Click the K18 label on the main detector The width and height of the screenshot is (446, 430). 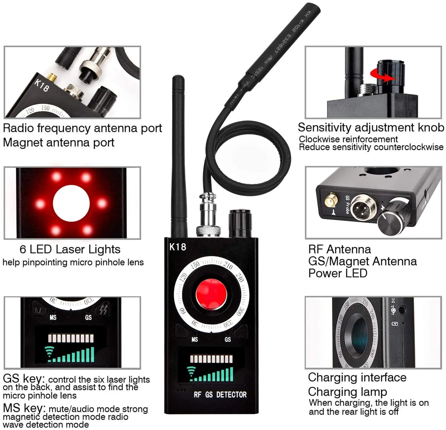click(177, 247)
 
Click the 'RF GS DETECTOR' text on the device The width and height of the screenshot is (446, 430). click(220, 395)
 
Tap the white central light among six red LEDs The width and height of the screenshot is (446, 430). click(71, 203)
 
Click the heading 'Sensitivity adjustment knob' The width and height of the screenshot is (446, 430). click(371, 128)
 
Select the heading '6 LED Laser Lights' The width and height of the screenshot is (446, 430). click(70, 249)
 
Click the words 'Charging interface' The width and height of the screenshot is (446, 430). click(357, 377)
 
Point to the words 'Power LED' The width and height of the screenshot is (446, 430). click(338, 273)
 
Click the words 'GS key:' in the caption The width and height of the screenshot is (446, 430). click(24, 378)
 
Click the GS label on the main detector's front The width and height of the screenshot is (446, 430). click(228, 340)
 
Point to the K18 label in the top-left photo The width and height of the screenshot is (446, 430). click(41, 85)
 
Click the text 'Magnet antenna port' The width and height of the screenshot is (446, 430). click(59, 143)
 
